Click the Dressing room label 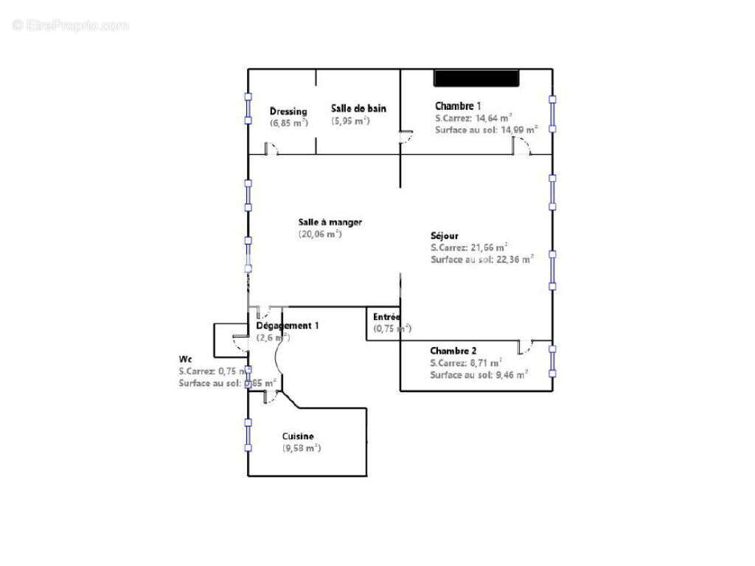point(288,111)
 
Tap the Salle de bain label point(358,108)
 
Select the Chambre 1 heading point(458,106)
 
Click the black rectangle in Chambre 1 point(476,77)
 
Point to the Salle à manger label point(330,222)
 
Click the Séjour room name point(445,236)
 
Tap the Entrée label point(386,316)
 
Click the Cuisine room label point(298,436)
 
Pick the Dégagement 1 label point(288,325)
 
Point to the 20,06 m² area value point(319,234)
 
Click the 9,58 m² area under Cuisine point(302,448)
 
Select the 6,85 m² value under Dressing point(288,123)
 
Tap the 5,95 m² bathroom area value point(350,121)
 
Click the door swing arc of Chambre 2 point(526,348)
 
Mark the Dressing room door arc point(271,150)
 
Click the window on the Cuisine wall point(248,435)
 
